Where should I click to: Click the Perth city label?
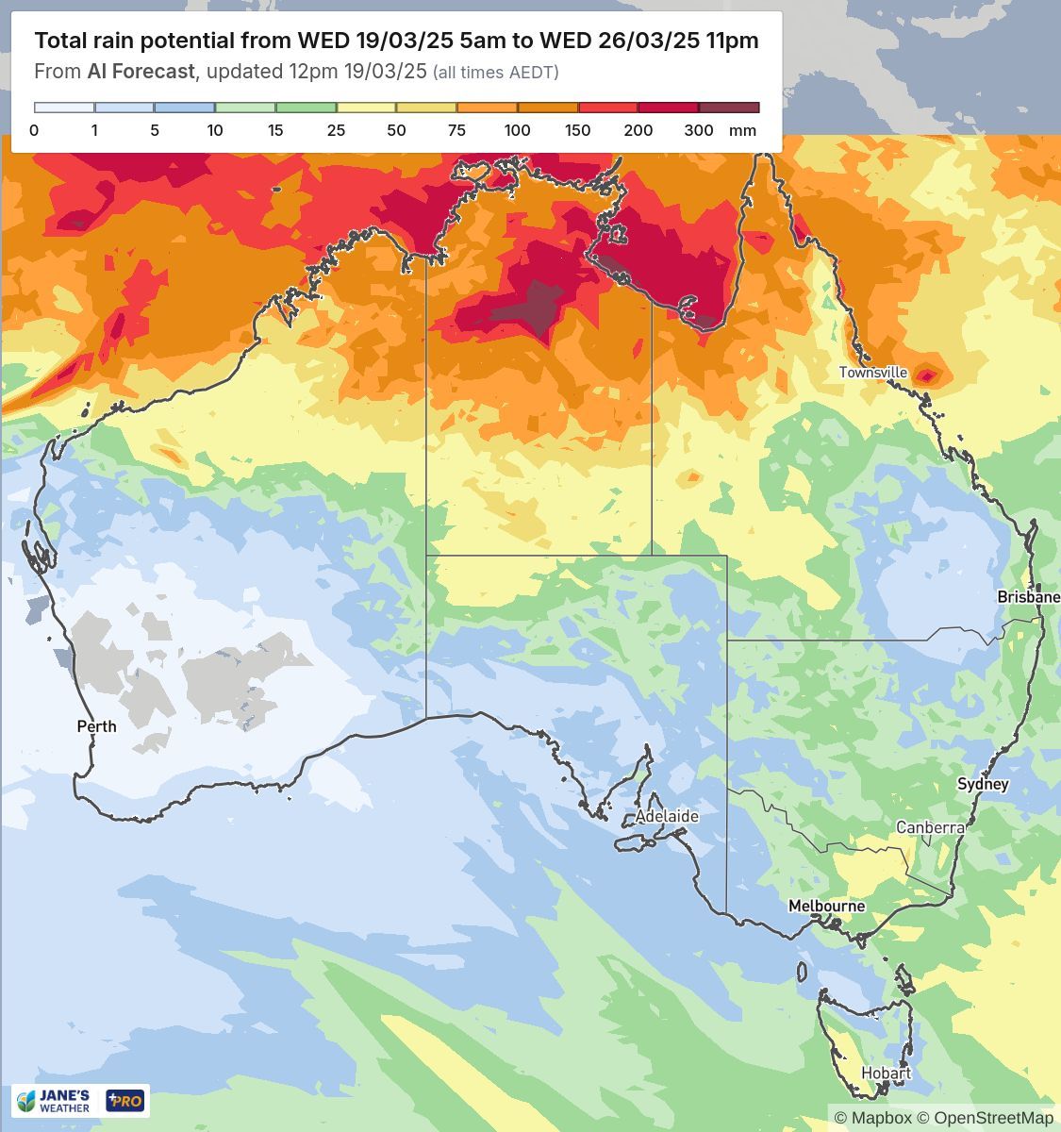96,726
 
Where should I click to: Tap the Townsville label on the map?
873,373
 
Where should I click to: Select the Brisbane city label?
1028,597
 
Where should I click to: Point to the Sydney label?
983,784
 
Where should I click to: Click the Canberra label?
930,827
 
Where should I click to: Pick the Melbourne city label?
826,906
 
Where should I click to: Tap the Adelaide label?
667,816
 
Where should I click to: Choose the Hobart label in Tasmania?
886,1074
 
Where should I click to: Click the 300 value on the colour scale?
698,130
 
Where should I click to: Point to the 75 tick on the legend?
456,130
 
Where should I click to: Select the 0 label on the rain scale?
34,130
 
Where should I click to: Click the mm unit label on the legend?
743,130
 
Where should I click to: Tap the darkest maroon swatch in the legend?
729,108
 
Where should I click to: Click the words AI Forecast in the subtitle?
141,72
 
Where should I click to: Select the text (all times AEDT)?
495,73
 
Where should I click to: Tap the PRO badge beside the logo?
125,1101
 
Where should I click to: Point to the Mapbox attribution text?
880,1118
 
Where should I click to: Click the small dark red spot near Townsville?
927,376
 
